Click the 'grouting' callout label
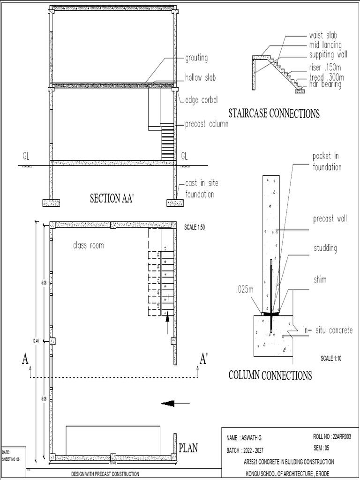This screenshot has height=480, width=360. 196,59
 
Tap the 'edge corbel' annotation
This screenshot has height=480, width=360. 202,100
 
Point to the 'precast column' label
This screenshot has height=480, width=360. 206,124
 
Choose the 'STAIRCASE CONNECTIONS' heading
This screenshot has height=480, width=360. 274,113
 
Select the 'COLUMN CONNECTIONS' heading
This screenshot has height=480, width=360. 270,375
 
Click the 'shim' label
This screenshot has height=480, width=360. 320,280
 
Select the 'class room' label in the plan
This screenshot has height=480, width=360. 88,245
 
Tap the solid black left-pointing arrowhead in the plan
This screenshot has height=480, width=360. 168,403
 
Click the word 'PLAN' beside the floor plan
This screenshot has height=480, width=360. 188,448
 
